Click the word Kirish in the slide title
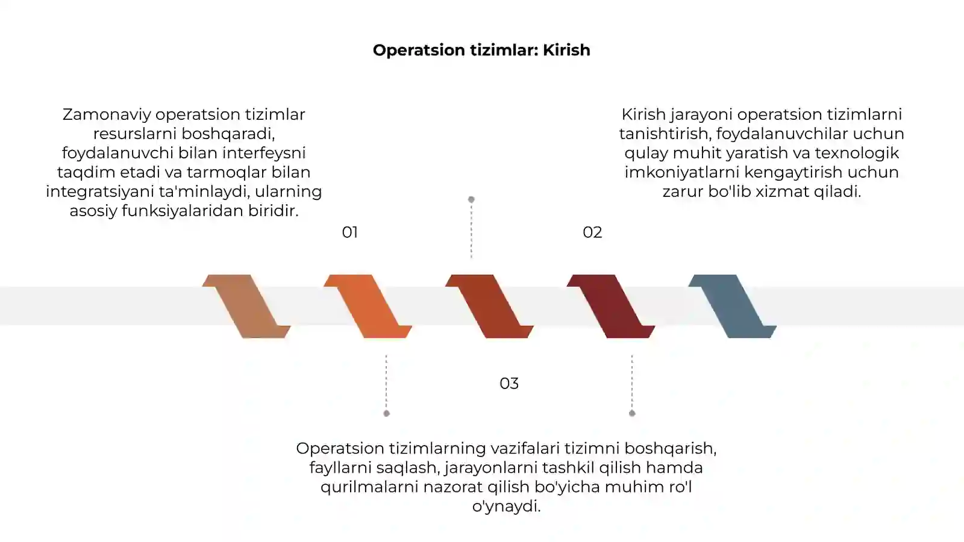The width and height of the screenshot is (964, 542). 566,51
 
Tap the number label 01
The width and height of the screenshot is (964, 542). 350,232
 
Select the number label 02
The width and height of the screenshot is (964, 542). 592,232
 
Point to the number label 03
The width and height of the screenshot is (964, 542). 509,383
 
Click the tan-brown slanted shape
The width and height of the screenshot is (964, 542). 246,307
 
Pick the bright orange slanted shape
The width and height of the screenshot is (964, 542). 368,307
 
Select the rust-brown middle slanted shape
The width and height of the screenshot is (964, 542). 489,307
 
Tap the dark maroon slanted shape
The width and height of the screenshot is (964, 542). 611,307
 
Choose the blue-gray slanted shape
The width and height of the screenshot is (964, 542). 733,307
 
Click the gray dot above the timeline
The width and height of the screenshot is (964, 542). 471,199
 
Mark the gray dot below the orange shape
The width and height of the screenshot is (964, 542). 386,413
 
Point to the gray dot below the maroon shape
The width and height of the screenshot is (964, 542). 632,413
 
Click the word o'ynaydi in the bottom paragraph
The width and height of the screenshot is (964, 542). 506,506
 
